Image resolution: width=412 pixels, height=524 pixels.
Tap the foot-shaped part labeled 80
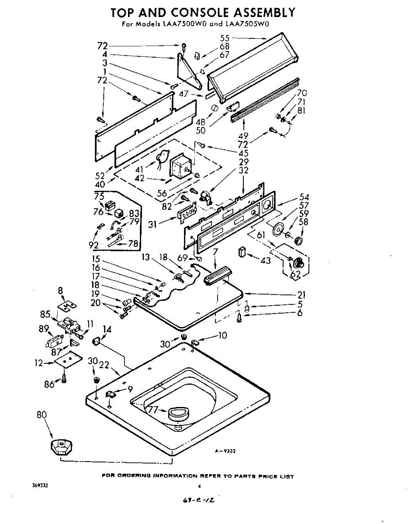(x=60, y=448)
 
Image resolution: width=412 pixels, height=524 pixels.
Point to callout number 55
(x=225, y=38)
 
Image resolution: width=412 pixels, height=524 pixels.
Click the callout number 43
(x=265, y=261)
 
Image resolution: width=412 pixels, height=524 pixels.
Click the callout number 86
(x=49, y=384)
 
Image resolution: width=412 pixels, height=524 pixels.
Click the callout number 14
(x=107, y=329)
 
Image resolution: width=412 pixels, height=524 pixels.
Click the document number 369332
(x=40, y=486)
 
